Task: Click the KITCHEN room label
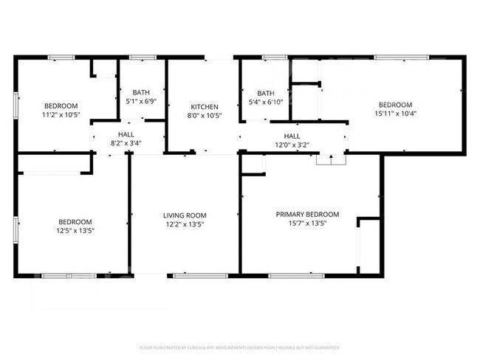204,107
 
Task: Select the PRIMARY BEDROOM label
308,214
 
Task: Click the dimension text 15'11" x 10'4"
395,114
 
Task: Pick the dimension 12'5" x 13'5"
76,231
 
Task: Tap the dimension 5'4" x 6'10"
266,102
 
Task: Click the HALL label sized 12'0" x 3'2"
292,136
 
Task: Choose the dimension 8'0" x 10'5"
204,116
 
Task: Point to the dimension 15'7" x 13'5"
308,223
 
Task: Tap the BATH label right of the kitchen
266,93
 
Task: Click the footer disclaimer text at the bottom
240,347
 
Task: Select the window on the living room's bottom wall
191,276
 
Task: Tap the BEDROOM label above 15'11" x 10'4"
395,105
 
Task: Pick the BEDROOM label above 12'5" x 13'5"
76,222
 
